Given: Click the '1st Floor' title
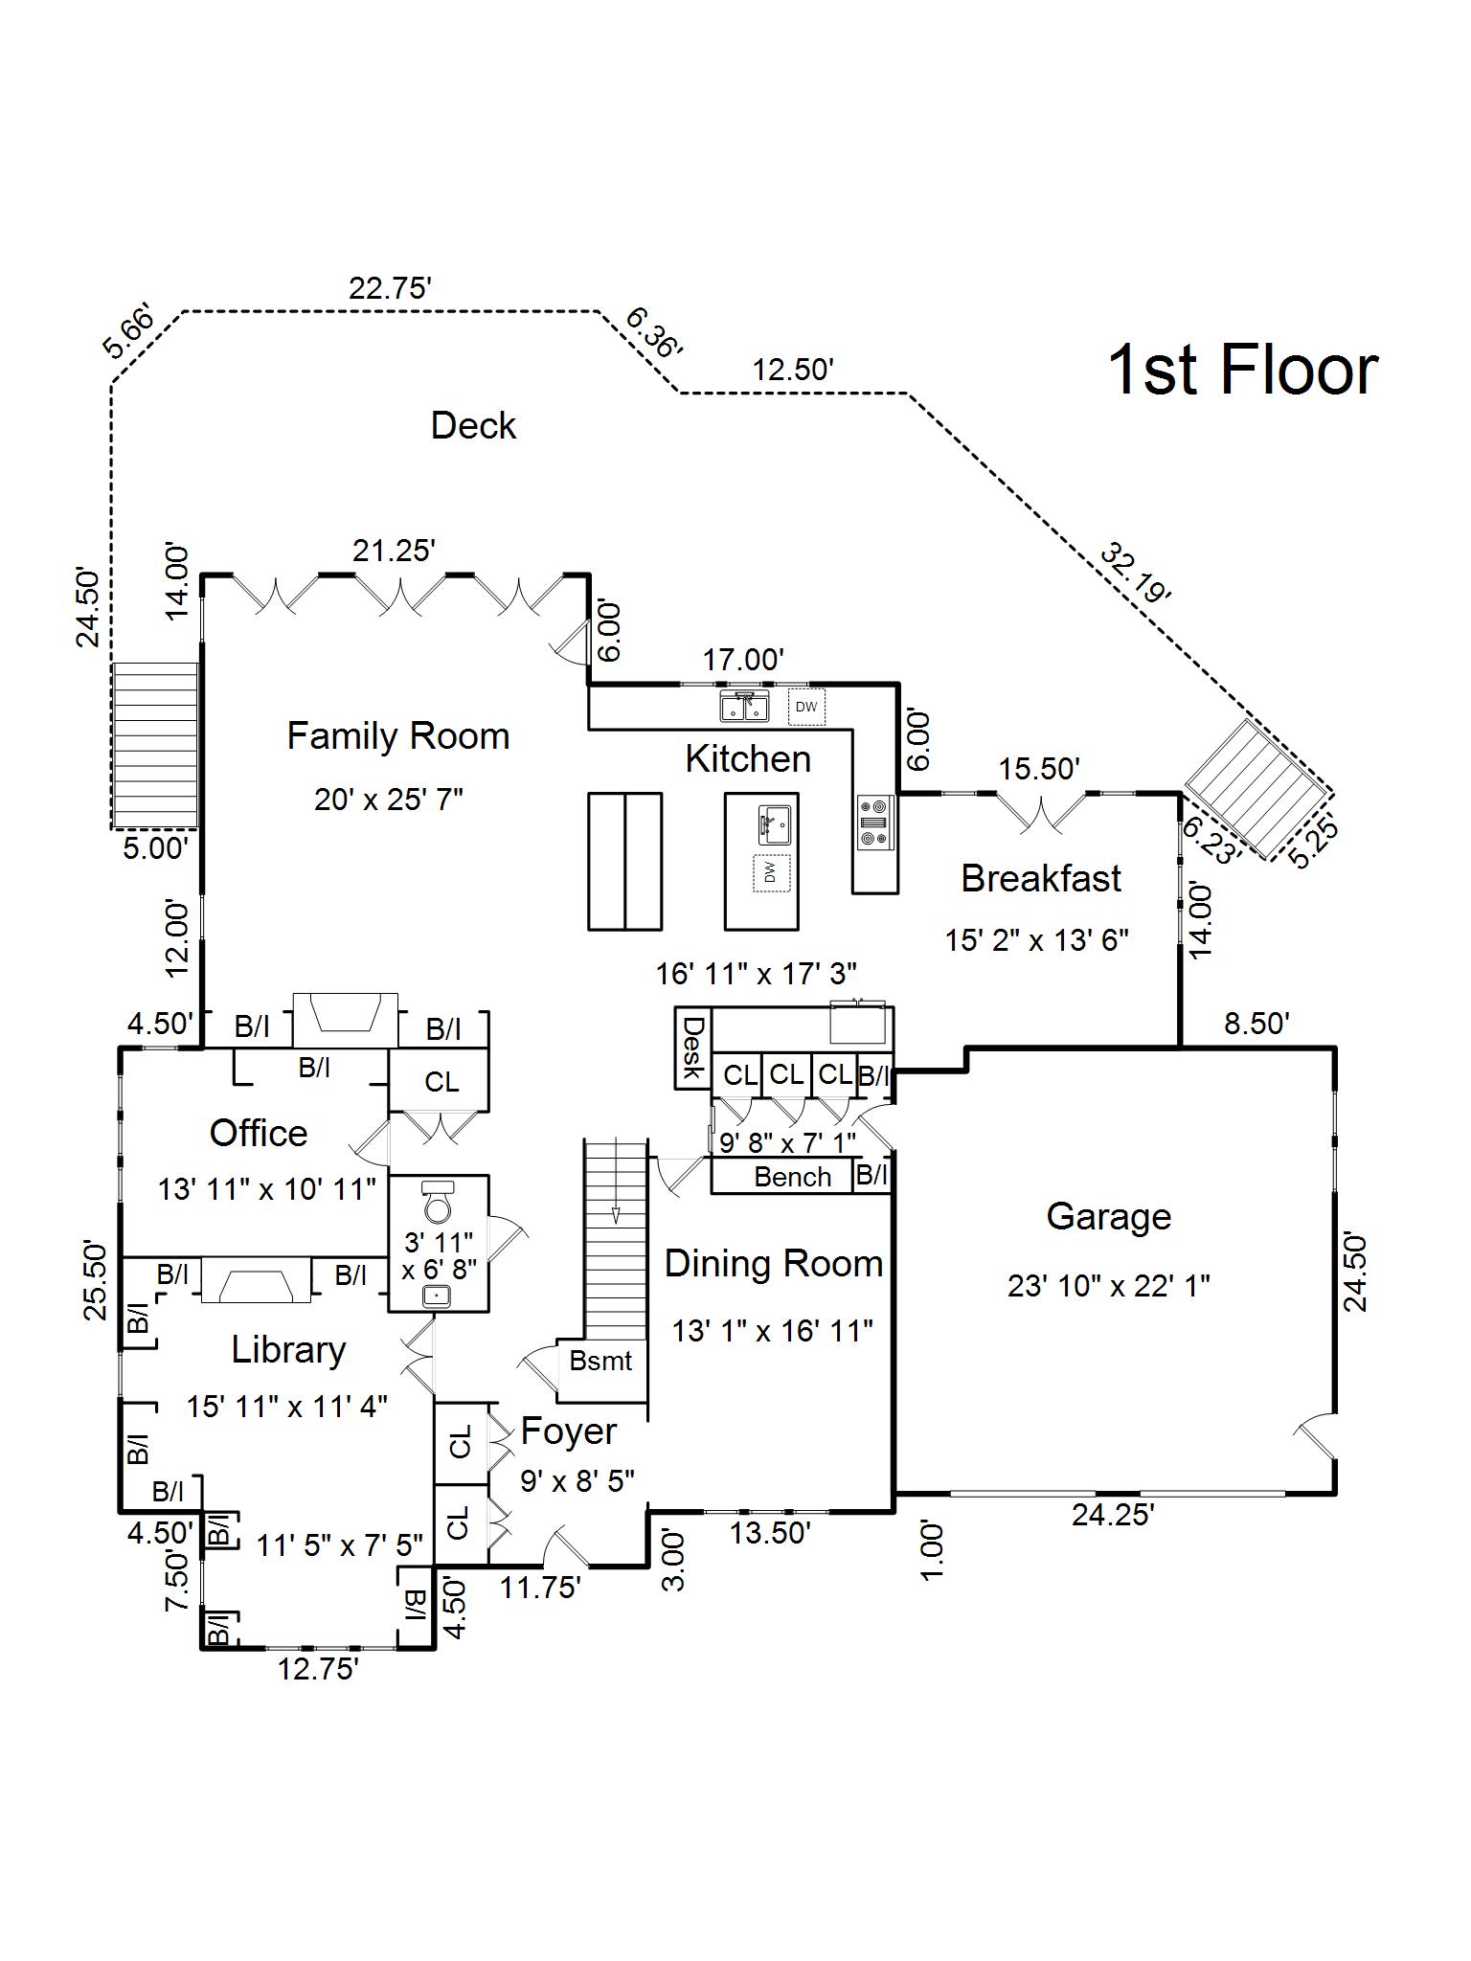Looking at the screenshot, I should [x=1242, y=371].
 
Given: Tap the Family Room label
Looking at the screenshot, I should [x=398, y=736].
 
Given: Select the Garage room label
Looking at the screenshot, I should [x=1108, y=1216].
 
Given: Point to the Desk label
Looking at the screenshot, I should [x=691, y=1047].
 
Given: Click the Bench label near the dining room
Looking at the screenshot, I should [x=792, y=1177].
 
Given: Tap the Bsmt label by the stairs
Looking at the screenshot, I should [x=600, y=1361].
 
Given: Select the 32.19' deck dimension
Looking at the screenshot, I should [x=1136, y=573].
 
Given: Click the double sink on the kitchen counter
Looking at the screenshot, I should [x=744, y=707].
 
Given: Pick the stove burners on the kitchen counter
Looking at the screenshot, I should [x=873, y=822].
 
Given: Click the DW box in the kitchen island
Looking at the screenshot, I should [x=771, y=872].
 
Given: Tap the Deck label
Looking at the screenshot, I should [x=473, y=426].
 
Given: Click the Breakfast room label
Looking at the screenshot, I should [x=1041, y=879].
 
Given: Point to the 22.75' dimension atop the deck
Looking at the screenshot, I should [x=390, y=288].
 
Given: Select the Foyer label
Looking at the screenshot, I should [x=568, y=1431].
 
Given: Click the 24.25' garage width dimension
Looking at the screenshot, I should [x=1112, y=1516].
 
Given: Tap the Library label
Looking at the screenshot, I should [x=288, y=1350].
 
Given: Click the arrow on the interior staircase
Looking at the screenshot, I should [x=616, y=1214].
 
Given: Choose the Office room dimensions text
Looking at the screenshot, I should [x=266, y=1189].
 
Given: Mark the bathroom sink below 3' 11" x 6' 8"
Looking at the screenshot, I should [x=438, y=1296].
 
